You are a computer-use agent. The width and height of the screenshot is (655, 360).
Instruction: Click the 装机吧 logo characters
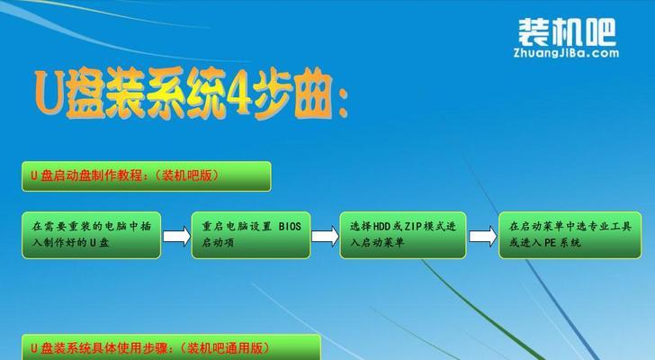point(567,32)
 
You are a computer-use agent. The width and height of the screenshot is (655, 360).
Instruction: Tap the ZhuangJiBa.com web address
point(566,53)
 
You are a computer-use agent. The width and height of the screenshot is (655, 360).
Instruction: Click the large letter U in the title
point(49,94)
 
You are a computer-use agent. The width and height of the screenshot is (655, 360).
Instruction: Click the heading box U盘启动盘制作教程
point(146,176)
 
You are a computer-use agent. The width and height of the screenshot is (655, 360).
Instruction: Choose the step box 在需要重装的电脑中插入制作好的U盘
point(92,235)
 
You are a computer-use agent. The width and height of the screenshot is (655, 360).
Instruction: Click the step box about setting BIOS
point(251,235)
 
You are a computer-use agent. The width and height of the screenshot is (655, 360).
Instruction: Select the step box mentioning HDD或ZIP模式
point(403,235)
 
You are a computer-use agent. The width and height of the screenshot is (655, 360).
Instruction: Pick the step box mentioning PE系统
point(570,235)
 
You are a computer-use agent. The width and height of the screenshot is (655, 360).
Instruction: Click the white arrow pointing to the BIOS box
point(176,237)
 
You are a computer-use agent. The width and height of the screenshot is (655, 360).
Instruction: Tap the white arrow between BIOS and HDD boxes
point(325,237)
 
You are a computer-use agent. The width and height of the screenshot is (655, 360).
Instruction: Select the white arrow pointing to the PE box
point(483,237)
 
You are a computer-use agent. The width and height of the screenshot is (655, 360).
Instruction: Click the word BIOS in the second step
point(290,227)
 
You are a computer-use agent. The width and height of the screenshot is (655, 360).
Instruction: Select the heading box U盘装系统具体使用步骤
point(171,347)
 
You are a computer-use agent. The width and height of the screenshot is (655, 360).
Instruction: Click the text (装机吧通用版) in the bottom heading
point(225,347)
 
